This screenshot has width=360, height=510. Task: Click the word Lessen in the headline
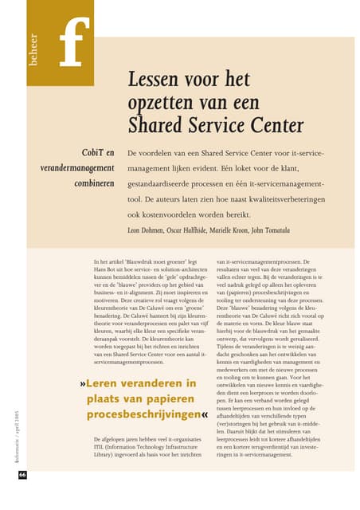click(154, 80)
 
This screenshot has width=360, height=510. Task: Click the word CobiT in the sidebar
click(88, 152)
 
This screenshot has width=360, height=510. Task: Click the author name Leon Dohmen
click(151, 230)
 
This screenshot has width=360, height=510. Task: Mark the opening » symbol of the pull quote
click(83, 384)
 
